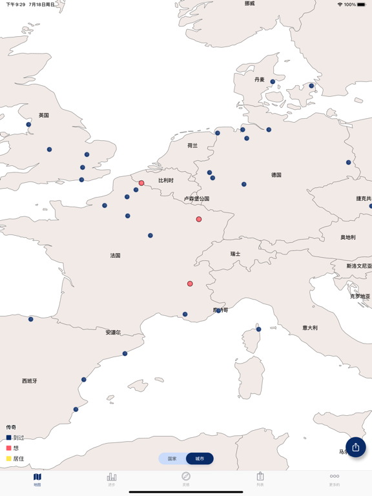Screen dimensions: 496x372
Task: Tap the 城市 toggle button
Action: [x=200, y=459]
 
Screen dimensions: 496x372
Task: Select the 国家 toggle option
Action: [x=172, y=459]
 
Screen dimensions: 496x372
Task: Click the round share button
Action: [x=355, y=447]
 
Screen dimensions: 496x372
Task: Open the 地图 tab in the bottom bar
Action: [x=37, y=479]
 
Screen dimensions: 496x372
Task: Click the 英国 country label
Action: [x=43, y=116]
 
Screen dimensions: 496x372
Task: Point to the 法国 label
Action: [x=115, y=256]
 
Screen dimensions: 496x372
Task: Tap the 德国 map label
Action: [x=276, y=175]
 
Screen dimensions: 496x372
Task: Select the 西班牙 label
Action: [x=29, y=381]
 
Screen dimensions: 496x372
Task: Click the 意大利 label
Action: [x=309, y=328]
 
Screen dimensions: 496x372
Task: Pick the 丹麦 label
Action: [x=259, y=80]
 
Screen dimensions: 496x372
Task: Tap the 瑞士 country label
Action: [x=235, y=254]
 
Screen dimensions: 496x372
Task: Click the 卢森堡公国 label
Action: [x=196, y=199]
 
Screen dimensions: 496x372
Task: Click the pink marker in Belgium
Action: [x=141, y=183]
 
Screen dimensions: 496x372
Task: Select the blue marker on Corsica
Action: [x=258, y=329]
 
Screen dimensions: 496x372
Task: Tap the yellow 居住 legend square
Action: [x=9, y=459]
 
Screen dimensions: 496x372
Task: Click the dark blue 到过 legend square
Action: [x=9, y=437]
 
